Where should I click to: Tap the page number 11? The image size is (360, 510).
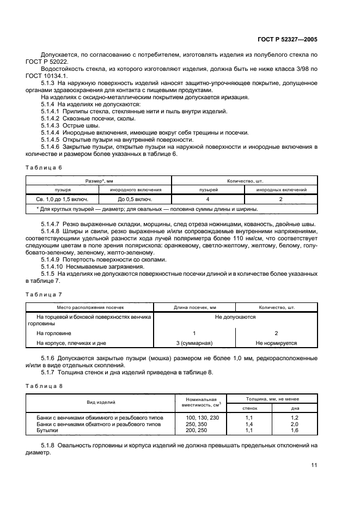pos(314,465)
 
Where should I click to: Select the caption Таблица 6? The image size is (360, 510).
pos(44,167)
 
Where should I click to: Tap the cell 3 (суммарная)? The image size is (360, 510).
pos(194,343)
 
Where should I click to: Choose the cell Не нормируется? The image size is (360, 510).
pos(276,343)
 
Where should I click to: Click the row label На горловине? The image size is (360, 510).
pos(54,332)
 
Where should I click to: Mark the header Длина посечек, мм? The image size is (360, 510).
pos(194,307)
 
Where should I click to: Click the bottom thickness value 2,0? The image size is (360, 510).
pos(294,423)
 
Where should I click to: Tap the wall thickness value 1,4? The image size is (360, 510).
pos(249,423)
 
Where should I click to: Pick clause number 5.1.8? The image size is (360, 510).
pos(48,445)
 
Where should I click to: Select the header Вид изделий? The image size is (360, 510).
pos(102,402)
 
